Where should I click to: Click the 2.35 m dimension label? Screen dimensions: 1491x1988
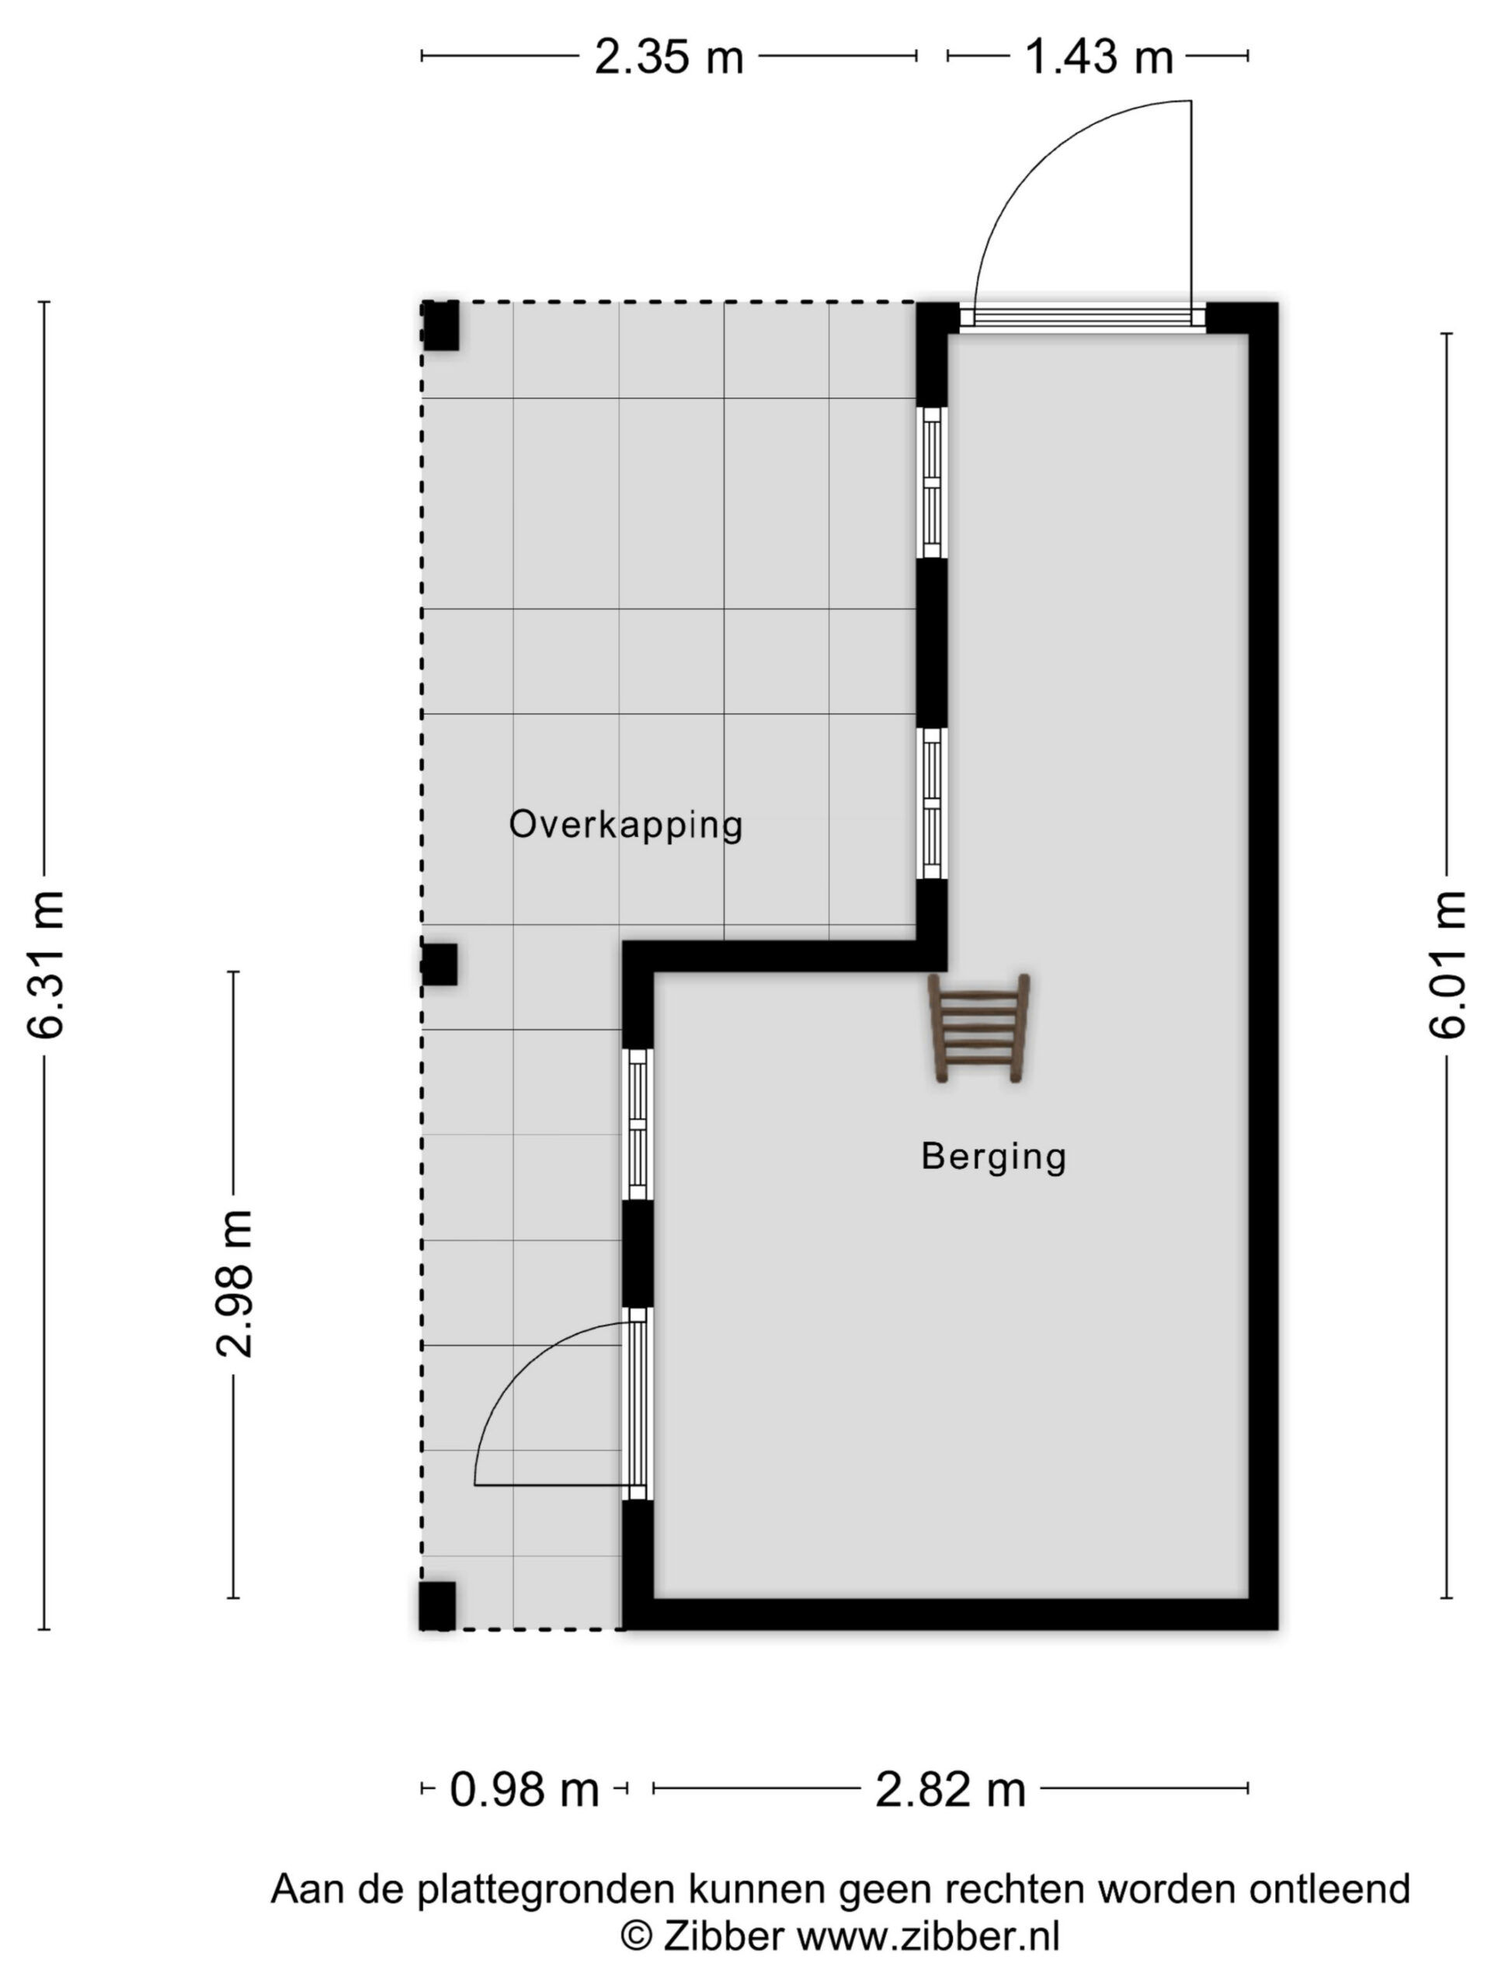pos(669,57)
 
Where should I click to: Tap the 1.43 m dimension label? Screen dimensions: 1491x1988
pos(1098,57)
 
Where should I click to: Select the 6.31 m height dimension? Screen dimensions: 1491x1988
pos(45,964)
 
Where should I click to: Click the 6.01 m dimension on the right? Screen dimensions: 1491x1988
pos(1448,964)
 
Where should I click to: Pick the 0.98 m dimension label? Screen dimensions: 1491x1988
pos(524,1789)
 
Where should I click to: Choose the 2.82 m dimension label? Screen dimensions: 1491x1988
pos(950,1789)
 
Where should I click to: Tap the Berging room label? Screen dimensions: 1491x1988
pos(993,1156)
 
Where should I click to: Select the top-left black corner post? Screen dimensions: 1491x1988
pos(440,325)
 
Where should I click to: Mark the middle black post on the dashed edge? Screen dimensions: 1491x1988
pos(440,964)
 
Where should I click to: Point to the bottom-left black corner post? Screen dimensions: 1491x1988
pos(438,1605)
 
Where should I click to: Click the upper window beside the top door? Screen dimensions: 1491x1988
pos(932,482)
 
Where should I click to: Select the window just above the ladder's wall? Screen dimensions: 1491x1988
pos(932,802)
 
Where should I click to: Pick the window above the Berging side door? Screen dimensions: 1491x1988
pos(638,1124)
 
